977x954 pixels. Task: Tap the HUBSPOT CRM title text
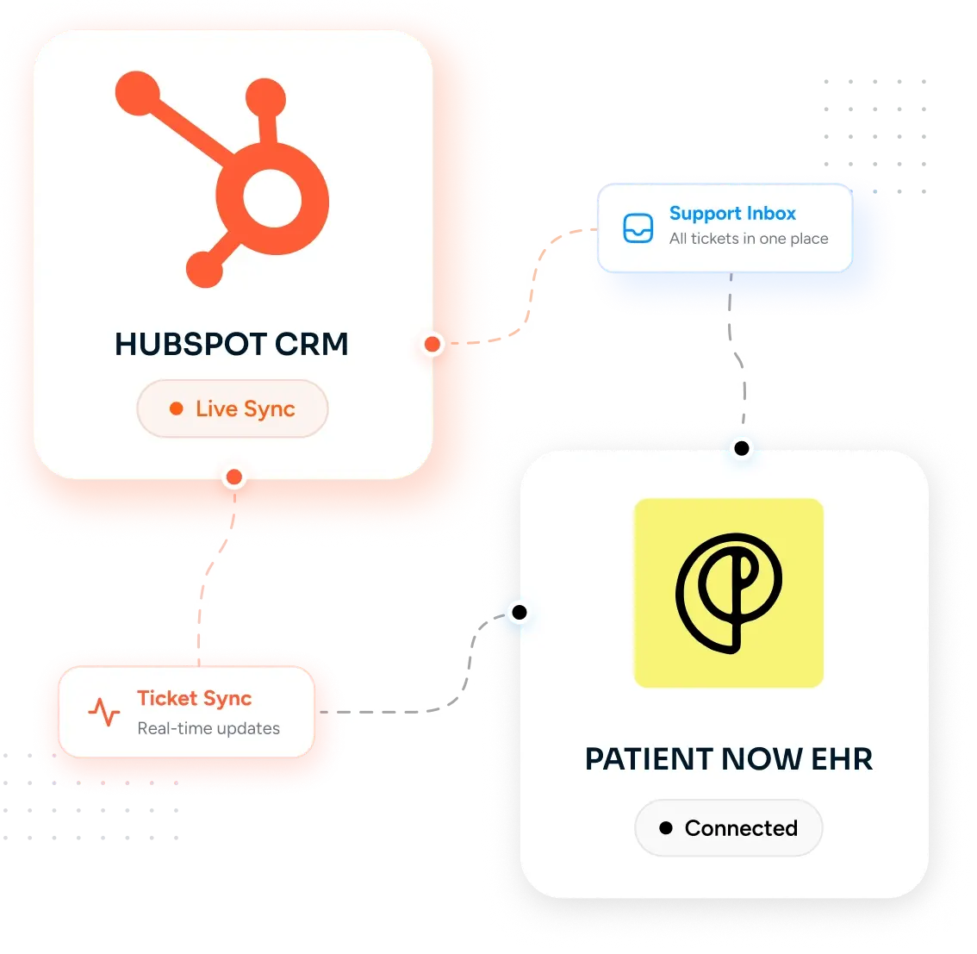point(231,344)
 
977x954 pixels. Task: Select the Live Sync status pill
point(233,408)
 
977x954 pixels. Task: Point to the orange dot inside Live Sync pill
point(177,408)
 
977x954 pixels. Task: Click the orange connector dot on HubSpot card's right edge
point(432,344)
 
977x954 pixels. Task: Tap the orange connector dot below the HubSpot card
point(234,477)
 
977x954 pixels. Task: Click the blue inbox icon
point(638,228)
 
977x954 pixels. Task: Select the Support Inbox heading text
point(732,214)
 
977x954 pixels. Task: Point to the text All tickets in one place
point(749,239)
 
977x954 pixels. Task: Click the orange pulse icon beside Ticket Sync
point(104,712)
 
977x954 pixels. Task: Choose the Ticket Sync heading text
point(195,699)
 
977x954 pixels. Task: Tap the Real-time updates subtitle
point(208,728)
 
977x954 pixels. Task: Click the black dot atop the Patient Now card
point(742,448)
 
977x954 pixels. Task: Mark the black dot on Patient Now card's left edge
point(520,613)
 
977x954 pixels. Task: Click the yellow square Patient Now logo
point(728,593)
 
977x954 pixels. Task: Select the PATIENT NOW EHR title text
point(728,759)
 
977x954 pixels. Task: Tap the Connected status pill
point(728,828)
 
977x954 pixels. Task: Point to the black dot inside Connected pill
point(666,828)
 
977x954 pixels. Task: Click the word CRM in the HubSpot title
point(312,344)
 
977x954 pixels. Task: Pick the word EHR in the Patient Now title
point(842,759)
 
